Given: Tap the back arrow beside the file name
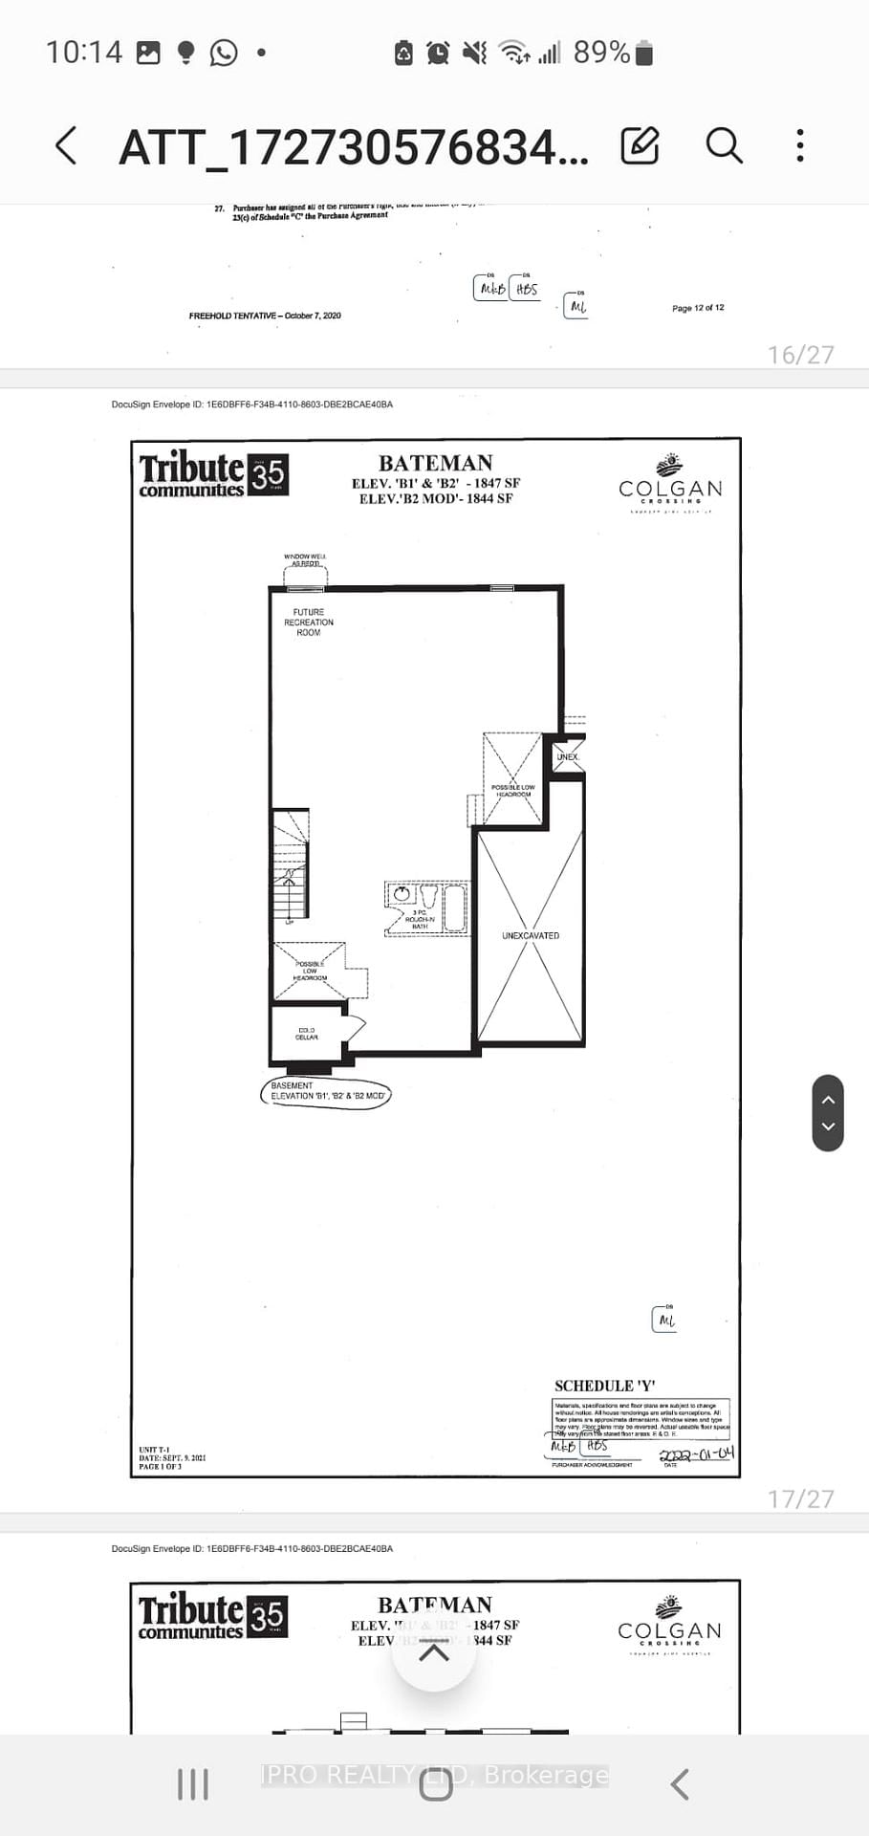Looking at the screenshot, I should [x=66, y=146].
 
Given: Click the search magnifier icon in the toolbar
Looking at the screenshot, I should [x=724, y=145].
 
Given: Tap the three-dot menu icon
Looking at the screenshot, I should [x=800, y=145].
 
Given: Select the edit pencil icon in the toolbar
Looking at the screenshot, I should [x=640, y=145].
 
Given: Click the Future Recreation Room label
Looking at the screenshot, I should [x=309, y=623].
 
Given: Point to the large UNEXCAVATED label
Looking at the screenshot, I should [x=531, y=935].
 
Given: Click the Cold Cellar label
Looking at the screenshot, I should [x=307, y=1034].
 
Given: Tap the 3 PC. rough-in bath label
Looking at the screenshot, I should [x=420, y=919].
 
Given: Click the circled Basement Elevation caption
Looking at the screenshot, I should [x=326, y=1091].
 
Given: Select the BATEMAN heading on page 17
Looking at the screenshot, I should [x=436, y=463].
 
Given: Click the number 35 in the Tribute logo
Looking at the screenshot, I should [x=269, y=474].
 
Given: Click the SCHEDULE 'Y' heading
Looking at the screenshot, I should [x=605, y=1386].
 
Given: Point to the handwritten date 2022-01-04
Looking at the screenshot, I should [x=697, y=1454].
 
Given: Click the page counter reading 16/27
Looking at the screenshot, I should [x=800, y=355].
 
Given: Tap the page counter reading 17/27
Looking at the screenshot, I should [x=800, y=1498].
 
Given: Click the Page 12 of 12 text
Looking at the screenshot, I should [x=698, y=308].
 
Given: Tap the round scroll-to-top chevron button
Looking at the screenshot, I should [x=434, y=1652].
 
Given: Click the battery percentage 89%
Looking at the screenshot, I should [x=601, y=53].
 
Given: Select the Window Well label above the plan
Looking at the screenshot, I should [x=306, y=559].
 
